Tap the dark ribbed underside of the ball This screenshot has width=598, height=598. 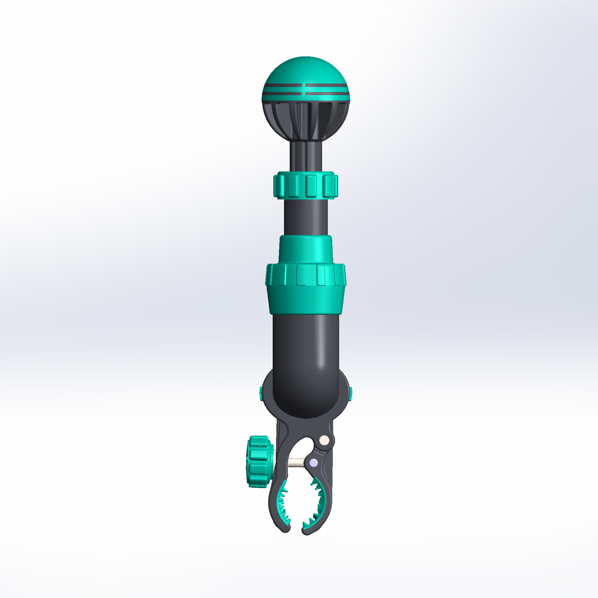pos(306,120)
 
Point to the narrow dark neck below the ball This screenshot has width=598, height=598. pos(306,156)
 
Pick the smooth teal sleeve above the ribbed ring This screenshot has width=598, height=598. pos(306,249)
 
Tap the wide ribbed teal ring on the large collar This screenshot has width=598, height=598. pos(306,275)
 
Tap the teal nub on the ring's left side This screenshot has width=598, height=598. pos(261,393)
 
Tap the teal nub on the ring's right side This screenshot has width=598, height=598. pos(350,393)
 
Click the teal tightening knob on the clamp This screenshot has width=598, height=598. pos(259,462)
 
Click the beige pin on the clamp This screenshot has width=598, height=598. pos(324,441)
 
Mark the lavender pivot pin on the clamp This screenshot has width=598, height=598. pos(313,462)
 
